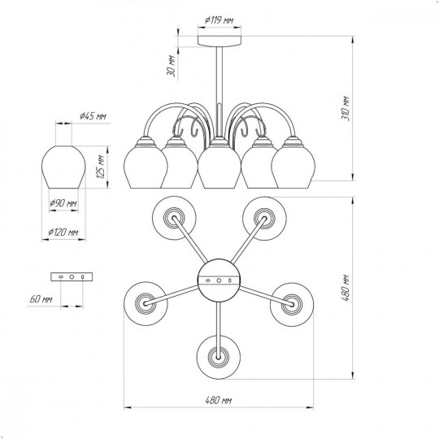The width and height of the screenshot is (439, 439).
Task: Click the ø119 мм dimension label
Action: [219, 20]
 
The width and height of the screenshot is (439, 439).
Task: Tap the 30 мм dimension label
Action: [171, 66]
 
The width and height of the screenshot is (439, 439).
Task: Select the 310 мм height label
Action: [346, 108]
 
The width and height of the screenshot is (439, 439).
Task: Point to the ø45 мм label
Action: [93, 116]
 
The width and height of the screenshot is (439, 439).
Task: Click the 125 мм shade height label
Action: [101, 167]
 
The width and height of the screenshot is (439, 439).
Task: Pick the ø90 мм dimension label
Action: [63, 203]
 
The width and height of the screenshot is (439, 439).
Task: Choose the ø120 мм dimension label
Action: [63, 232]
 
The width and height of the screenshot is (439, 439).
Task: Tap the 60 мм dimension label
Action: [41, 299]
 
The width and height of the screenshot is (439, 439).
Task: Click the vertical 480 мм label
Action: [346, 288]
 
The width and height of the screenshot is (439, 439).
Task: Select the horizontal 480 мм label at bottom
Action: [219, 400]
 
